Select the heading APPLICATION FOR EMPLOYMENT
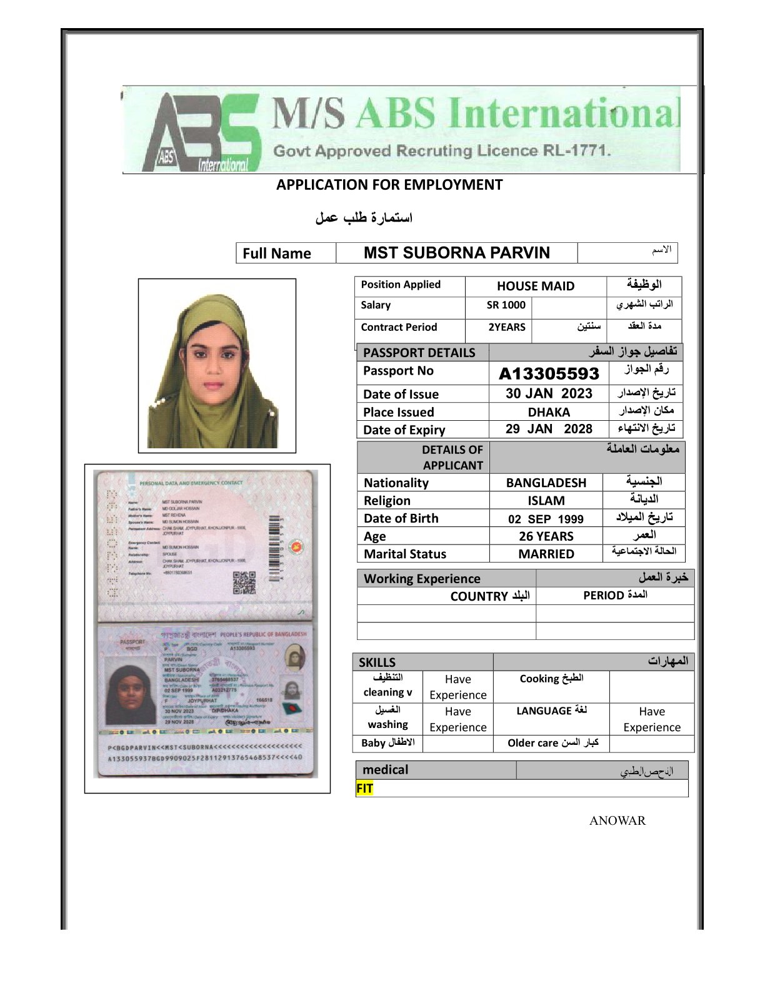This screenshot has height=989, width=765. click(389, 185)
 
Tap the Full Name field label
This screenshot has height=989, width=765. click(277, 253)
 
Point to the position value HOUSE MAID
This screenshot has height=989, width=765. click(535, 286)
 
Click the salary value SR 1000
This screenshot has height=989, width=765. click(506, 305)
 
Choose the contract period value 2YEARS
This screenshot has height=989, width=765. click(506, 327)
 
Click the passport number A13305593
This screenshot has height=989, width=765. click(549, 373)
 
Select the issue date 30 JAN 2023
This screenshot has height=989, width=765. click(549, 393)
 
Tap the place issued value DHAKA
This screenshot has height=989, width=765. click(549, 412)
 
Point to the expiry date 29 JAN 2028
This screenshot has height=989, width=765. click(549, 429)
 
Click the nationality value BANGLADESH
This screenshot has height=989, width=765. click(546, 483)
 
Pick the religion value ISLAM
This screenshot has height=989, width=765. click(546, 501)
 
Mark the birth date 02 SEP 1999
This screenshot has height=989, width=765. click(546, 519)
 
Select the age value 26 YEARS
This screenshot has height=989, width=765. click(546, 536)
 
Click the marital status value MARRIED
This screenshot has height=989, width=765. click(546, 554)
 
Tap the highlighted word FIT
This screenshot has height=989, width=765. click(364, 789)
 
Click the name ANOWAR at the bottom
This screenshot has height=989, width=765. click(617, 820)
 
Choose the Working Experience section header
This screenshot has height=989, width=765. click(422, 579)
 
